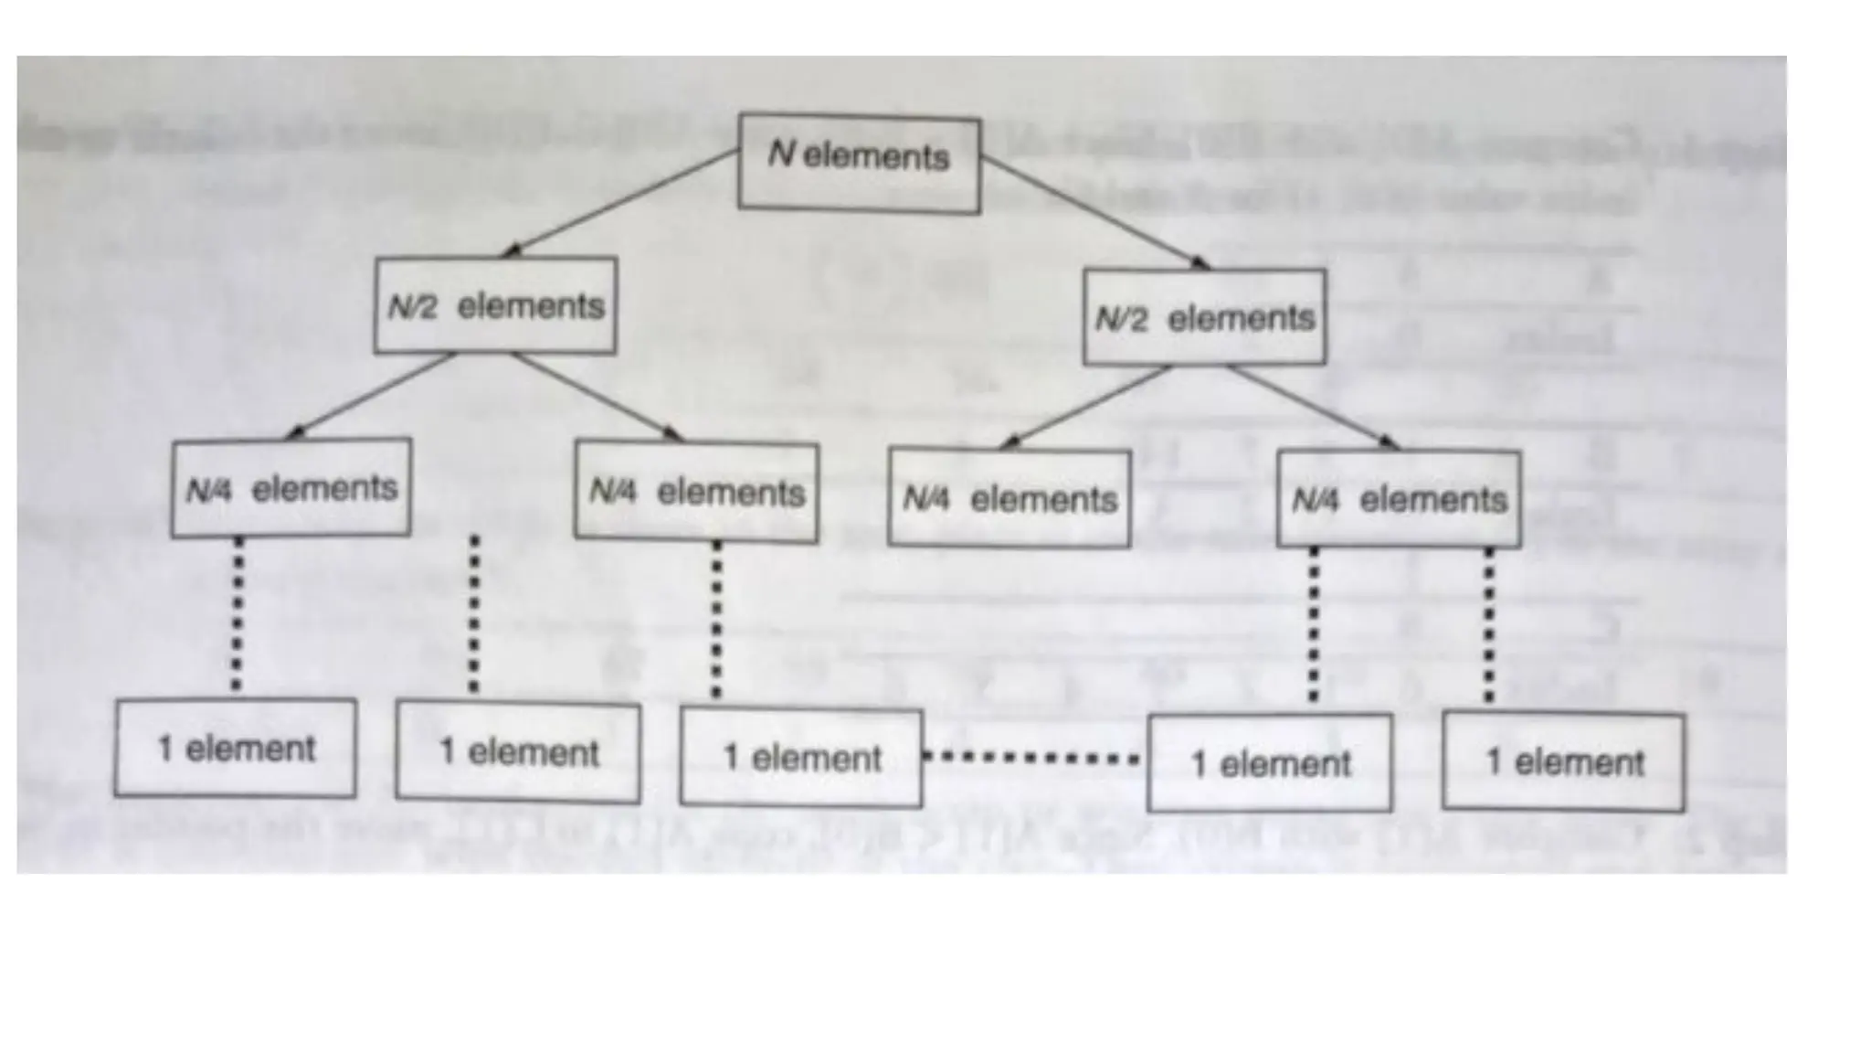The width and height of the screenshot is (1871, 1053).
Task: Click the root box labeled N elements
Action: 859,164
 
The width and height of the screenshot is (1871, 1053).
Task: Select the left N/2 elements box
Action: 495,305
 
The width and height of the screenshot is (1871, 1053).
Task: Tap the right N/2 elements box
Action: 1204,317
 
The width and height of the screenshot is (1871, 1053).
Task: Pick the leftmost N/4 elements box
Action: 291,488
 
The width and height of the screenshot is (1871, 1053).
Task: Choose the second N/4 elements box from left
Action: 696,493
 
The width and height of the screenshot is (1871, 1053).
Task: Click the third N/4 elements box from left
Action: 1009,498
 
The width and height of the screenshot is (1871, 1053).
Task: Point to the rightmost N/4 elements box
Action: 1399,499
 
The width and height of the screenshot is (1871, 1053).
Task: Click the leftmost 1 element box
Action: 236,748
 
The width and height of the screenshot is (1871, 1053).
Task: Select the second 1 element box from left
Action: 518,752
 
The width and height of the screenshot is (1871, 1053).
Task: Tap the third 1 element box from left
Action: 801,758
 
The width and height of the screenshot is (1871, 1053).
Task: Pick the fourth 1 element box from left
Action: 1270,762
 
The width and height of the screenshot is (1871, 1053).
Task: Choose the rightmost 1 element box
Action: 1563,761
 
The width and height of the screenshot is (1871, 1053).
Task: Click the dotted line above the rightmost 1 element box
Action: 1489,625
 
